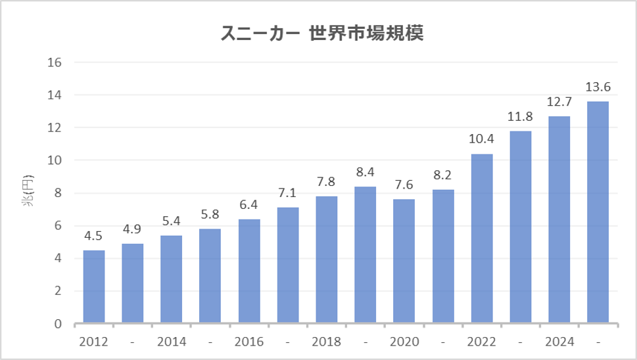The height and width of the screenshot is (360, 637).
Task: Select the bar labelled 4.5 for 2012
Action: pyautogui.click(x=93, y=287)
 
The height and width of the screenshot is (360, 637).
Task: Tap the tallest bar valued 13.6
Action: pyautogui.click(x=598, y=212)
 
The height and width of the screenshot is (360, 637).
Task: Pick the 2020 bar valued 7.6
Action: pyautogui.click(x=404, y=261)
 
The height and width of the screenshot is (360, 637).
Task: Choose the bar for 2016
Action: pyautogui.click(x=248, y=271)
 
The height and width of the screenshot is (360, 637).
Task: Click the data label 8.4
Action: pyautogui.click(x=365, y=173)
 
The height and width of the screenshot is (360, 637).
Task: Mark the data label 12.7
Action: pyautogui.click(x=559, y=102)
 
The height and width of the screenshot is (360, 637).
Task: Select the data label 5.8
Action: pyautogui.click(x=210, y=215)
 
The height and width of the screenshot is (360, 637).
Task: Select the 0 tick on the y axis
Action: pyautogui.click(x=58, y=324)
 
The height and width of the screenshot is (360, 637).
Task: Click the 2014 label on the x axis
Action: pyautogui.click(x=171, y=342)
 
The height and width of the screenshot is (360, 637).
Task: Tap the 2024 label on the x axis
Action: pyautogui.click(x=559, y=342)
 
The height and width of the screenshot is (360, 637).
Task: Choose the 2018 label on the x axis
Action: pyautogui.click(x=326, y=342)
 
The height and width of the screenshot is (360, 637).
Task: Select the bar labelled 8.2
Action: pyautogui.click(x=442, y=257)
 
